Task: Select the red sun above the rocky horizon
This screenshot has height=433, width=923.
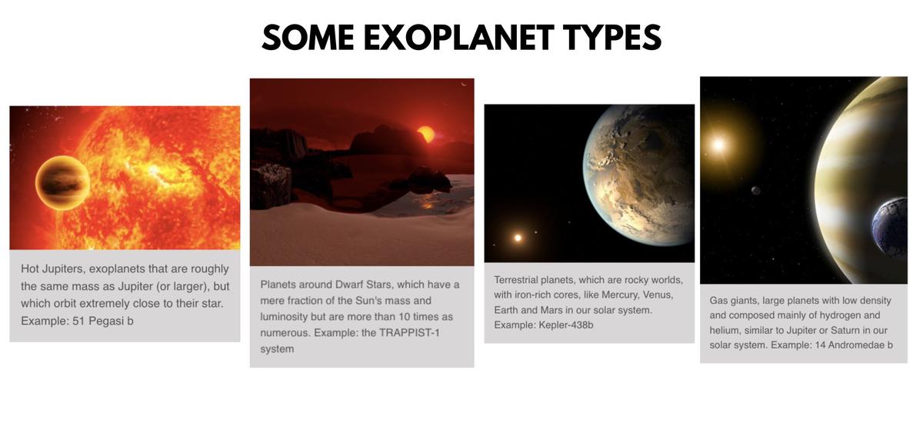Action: (425, 135)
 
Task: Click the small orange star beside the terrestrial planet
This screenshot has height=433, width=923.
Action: (518, 238)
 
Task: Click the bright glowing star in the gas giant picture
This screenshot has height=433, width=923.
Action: (718, 144)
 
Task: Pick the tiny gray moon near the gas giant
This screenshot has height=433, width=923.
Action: (756, 190)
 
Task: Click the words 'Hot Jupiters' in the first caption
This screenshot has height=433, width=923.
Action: (52, 268)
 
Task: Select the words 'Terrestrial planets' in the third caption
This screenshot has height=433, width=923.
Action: (537, 279)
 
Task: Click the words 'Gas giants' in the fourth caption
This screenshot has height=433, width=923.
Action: (734, 301)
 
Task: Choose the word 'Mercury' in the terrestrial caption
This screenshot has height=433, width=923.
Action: (628, 295)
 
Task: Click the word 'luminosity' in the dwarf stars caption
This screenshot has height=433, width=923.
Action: (285, 317)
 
